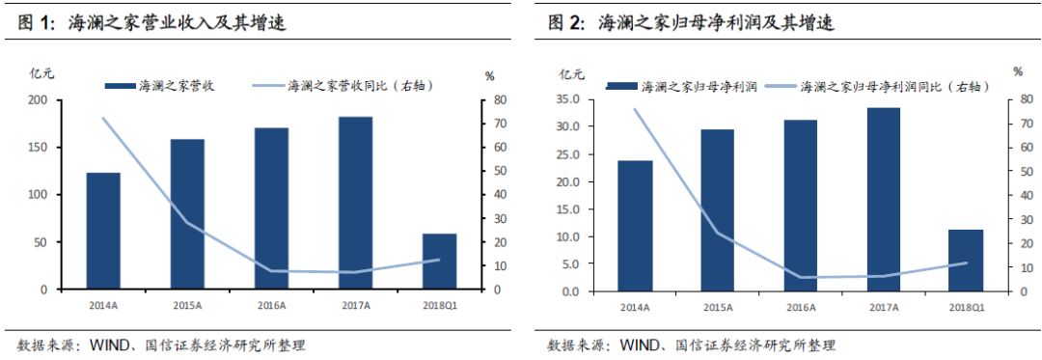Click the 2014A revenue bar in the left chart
(x=103, y=231)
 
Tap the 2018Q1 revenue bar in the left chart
(x=441, y=261)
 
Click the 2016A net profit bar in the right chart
(x=800, y=205)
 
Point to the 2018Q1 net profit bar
(x=967, y=260)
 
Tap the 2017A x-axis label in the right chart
(x=884, y=307)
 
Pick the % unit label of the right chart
(x=1018, y=71)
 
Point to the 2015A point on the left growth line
(x=187, y=223)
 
